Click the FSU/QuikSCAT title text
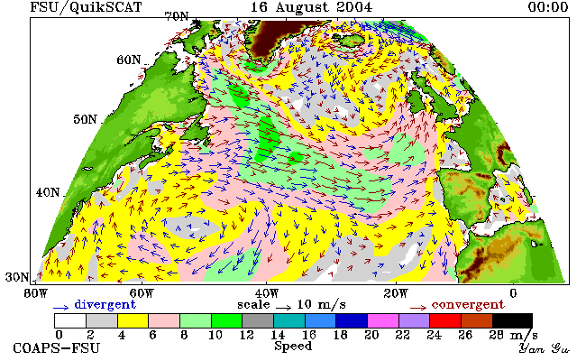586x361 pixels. point(86,7)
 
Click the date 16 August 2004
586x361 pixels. point(311,7)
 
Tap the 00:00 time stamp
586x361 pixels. point(548,7)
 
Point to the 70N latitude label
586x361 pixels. point(177,16)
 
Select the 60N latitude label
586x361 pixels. point(129,60)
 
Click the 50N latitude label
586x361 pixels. point(85,119)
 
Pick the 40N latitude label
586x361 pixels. point(48,192)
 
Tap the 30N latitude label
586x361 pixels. point(17,277)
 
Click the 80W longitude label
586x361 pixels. point(35,293)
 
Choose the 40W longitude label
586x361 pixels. point(267,293)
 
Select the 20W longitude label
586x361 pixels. point(396,293)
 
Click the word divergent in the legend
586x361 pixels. point(105,305)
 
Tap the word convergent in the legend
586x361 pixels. point(468,305)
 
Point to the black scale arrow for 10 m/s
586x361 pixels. point(284,308)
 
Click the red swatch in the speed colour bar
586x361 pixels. point(445,321)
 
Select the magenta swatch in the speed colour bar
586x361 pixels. point(382,321)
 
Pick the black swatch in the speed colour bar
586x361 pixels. point(512,321)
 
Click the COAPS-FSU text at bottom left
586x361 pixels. point(57,348)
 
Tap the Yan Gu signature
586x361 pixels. point(544,348)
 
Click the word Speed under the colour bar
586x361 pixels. point(293,346)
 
